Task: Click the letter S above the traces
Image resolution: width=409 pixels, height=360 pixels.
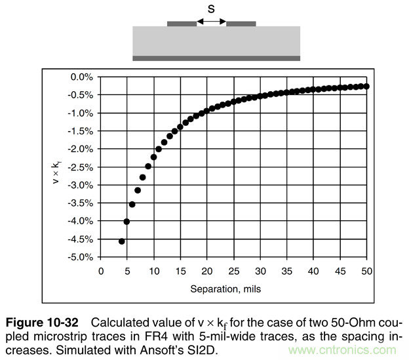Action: (210, 9)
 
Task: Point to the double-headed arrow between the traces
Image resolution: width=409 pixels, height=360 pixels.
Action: (211, 23)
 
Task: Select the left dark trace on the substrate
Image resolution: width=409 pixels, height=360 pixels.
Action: (182, 24)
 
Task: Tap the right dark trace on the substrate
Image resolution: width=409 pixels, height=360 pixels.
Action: (241, 24)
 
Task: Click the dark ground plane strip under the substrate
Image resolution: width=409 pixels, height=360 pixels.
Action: (216, 58)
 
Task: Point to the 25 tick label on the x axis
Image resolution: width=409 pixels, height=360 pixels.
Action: (233, 271)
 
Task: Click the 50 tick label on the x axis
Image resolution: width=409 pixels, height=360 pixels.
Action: (366, 271)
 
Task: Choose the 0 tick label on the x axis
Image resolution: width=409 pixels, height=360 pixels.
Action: (101, 271)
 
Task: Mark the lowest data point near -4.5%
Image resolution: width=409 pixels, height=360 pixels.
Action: (121, 241)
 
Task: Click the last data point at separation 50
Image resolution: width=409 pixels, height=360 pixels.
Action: (366, 87)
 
